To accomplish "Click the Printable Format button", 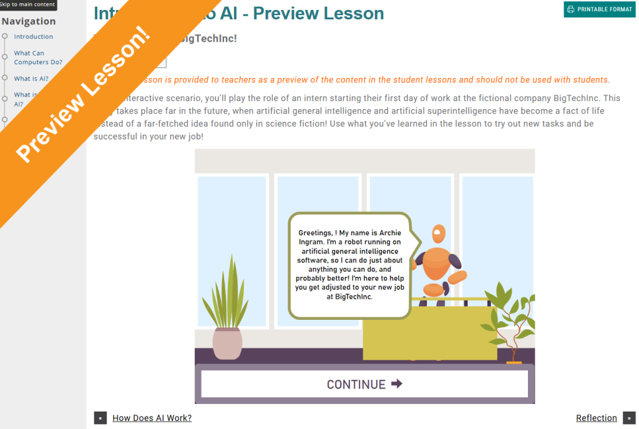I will tap(599, 9).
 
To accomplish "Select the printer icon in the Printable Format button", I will tap(570, 9).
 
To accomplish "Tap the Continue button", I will tap(364, 384).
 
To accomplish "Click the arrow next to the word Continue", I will tap(396, 384).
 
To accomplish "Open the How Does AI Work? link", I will tap(152, 418).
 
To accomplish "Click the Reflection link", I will tap(596, 418).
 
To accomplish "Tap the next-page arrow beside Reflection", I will tap(628, 418).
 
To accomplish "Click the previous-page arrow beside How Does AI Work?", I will tap(100, 418).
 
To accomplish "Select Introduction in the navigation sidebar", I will tap(34, 37).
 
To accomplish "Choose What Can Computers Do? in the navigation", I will tap(38, 57).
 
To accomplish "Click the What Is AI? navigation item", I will tap(31, 79).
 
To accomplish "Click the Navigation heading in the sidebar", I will tap(29, 21).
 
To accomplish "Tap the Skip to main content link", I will tap(27, 4).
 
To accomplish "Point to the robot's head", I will tap(439, 234).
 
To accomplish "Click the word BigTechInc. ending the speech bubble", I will tap(353, 297).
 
